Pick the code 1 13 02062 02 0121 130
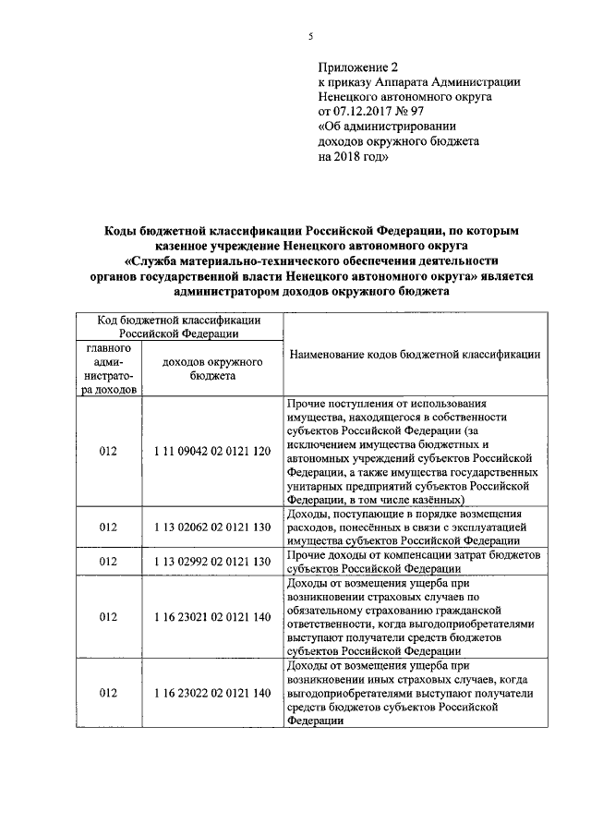pyautogui.click(x=212, y=527)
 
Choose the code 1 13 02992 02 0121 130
pyautogui.click(x=212, y=561)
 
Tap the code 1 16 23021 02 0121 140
pyautogui.click(x=212, y=616)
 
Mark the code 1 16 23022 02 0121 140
pyautogui.click(x=212, y=693)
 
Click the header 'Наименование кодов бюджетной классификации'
pyautogui.click(x=416, y=355)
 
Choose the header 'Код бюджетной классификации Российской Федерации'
pyautogui.click(x=178, y=325)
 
